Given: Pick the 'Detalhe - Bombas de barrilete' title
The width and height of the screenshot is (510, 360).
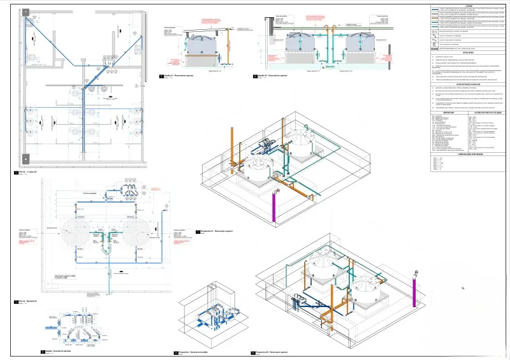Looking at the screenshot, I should pos(61,351).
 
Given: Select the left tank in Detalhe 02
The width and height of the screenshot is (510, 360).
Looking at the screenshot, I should pos(304,41).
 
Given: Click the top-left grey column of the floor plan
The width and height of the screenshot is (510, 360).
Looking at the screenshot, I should pos(24,12).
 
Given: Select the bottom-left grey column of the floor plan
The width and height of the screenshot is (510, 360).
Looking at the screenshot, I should pos(24,157).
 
